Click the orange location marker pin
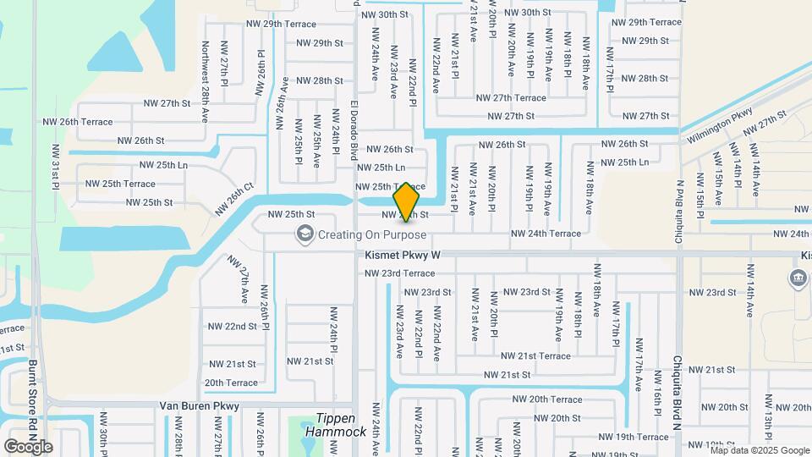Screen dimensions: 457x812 pyautogui.click(x=407, y=201)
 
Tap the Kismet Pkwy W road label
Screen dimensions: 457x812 pyautogui.click(x=403, y=254)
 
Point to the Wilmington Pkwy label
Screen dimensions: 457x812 pyautogui.click(x=718, y=125)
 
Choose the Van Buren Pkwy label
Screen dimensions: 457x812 pyautogui.click(x=200, y=406)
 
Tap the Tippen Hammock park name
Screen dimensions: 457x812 pyautogui.click(x=342, y=425)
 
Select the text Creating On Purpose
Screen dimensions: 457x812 pyautogui.click(x=372, y=234)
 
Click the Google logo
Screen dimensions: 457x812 pyautogui.click(x=29, y=446)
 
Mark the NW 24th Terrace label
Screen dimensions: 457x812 pyautogui.click(x=546, y=234)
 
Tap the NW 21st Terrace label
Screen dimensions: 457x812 pyautogui.click(x=535, y=356)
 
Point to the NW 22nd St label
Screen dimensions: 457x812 pyautogui.click(x=232, y=326)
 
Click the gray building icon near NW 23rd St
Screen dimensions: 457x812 pyautogui.click(x=798, y=278)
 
